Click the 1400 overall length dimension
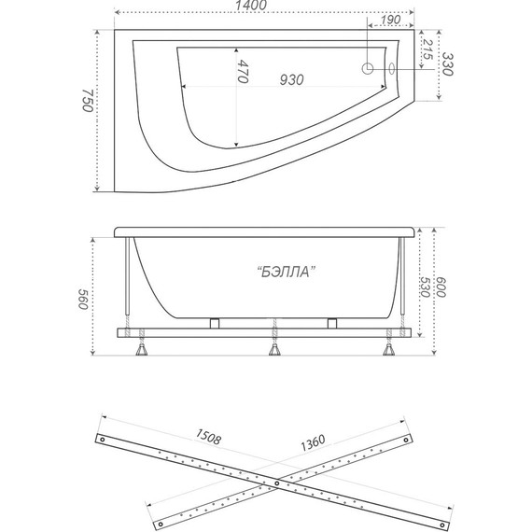[251, 5]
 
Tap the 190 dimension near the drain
[390, 20]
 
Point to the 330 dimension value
[447, 63]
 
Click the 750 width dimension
[88, 101]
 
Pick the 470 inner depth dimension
[243, 71]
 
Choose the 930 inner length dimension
[291, 79]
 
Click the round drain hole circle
[368, 68]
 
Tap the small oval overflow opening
[392, 68]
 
